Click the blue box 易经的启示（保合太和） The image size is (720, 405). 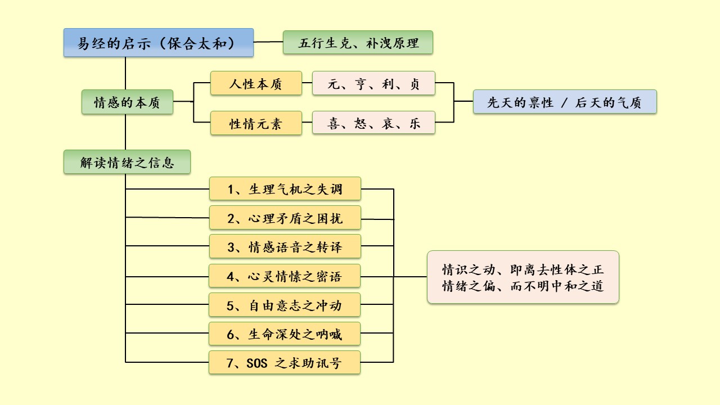[x=159, y=43]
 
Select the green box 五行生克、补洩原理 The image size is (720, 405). [x=358, y=43]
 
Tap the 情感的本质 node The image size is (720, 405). [x=127, y=102]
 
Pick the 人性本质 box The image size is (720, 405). [x=256, y=83]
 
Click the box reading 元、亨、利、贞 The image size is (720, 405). [x=373, y=83]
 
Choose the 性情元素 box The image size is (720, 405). [x=256, y=123]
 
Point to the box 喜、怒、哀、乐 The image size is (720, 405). [x=373, y=123]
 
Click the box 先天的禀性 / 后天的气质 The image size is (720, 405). [x=565, y=102]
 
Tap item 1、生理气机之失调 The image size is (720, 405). [x=285, y=188]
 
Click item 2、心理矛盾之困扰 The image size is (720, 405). [x=285, y=218]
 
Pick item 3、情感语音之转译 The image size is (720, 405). [x=285, y=246]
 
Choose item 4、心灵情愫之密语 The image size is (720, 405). [x=285, y=276]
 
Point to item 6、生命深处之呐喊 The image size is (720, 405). [x=285, y=334]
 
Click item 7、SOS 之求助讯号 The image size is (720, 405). [x=285, y=363]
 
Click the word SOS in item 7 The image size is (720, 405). [x=256, y=363]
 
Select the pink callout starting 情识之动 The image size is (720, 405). [x=523, y=277]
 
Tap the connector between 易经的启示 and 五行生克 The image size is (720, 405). [x=268, y=42]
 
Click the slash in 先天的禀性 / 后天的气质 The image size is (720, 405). [x=565, y=102]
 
